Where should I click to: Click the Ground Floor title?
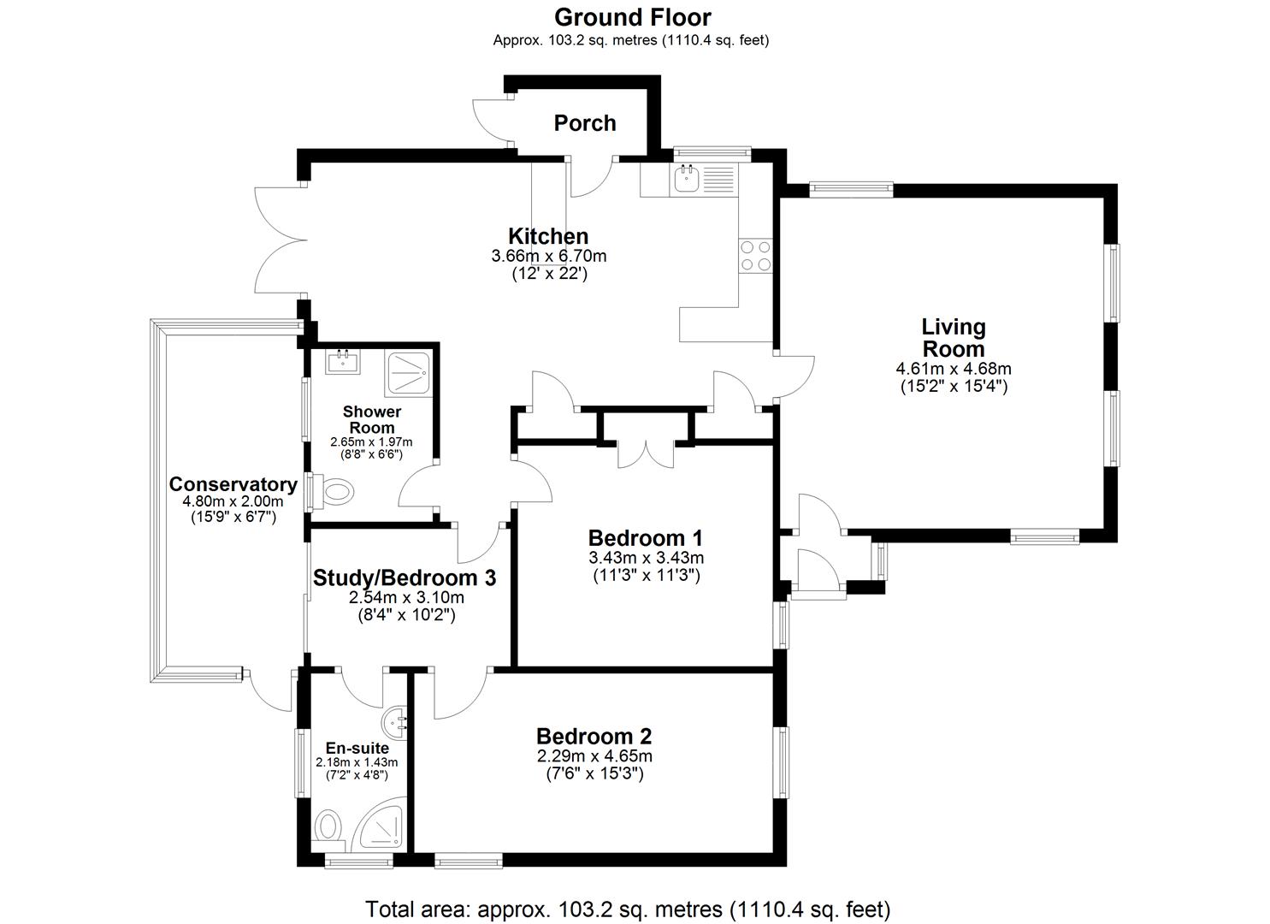point(632,17)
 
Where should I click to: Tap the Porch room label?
point(585,123)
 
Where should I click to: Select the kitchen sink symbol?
point(687,179)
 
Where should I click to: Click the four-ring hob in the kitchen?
point(756,255)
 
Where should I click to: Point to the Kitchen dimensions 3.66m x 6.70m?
point(548,256)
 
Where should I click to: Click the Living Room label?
point(953,338)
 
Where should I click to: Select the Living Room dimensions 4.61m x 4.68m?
point(953,370)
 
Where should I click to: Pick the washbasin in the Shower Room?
point(344,363)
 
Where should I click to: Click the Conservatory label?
point(233,484)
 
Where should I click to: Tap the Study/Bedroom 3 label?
point(404,578)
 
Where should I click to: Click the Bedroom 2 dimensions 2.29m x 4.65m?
point(594,756)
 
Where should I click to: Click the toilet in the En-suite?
point(328,828)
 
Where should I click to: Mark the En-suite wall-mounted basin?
point(398,723)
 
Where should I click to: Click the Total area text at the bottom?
point(628,908)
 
